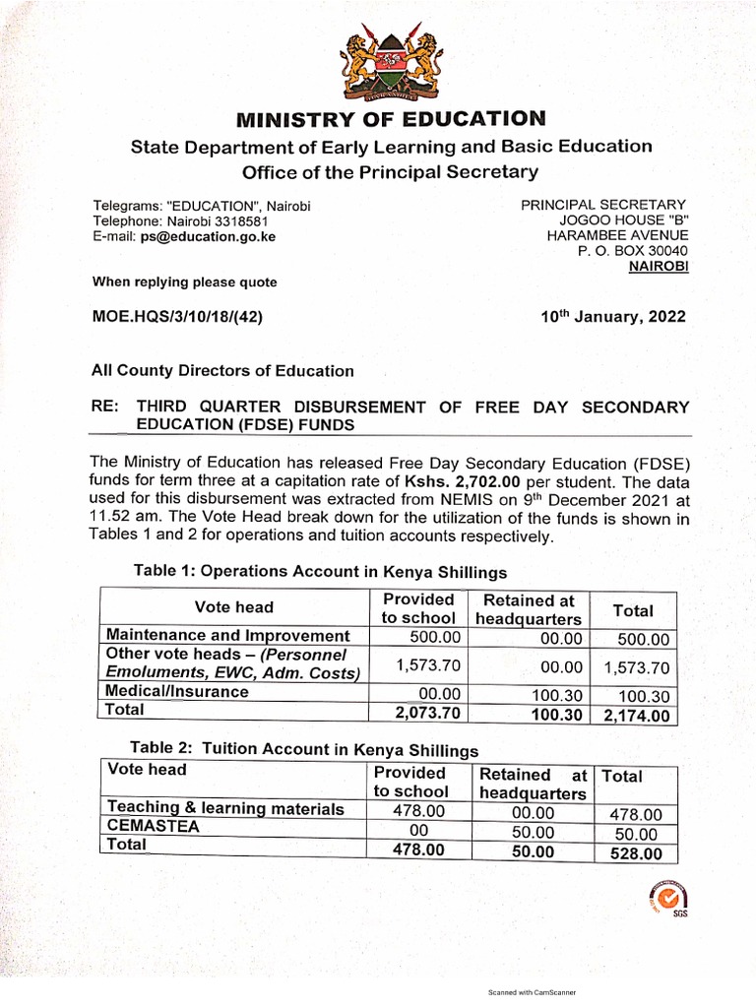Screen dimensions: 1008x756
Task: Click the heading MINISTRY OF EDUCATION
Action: tap(390, 120)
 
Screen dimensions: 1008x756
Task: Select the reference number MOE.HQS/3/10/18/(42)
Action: tap(177, 317)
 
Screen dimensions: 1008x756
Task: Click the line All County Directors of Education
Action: tap(222, 371)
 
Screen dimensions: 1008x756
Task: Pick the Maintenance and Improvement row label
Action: tap(227, 636)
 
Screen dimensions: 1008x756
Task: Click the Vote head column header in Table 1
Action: tap(234, 607)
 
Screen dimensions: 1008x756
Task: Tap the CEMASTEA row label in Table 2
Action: tap(153, 827)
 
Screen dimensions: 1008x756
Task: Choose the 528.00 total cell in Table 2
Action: tap(636, 853)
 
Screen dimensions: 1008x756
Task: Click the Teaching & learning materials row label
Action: tap(225, 809)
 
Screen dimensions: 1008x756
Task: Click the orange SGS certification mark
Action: tap(667, 897)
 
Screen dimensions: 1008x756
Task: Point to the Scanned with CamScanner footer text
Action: tap(532, 993)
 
